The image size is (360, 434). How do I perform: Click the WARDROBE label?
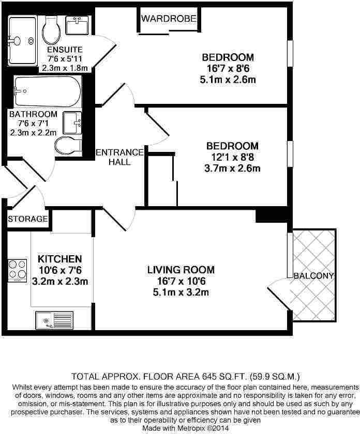tap(169, 19)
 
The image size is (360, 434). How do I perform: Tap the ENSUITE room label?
tap(65, 50)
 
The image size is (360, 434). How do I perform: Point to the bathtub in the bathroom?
tap(47, 92)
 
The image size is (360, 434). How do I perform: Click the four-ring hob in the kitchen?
tap(17, 270)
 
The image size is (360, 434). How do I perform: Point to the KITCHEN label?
tap(60, 258)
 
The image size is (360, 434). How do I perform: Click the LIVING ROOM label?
tap(181, 270)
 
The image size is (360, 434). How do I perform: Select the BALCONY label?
tap(313, 275)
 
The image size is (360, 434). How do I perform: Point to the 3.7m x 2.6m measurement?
tap(232, 168)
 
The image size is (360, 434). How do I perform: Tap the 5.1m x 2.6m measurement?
tap(228, 80)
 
